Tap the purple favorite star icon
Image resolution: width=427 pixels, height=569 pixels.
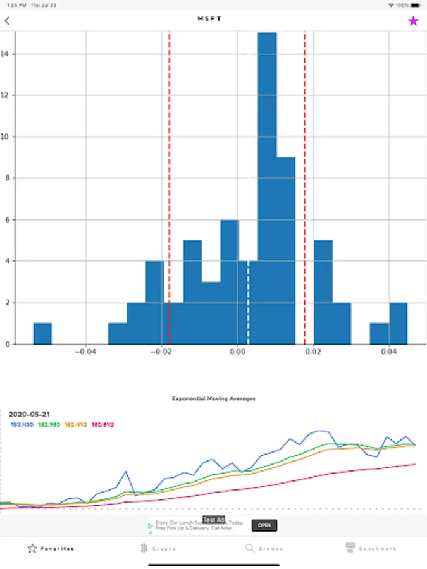(x=413, y=21)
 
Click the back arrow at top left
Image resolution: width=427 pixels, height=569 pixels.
(x=7, y=21)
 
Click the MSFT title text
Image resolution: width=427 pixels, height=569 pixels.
(x=210, y=19)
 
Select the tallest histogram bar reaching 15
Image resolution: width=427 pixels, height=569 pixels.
(x=267, y=190)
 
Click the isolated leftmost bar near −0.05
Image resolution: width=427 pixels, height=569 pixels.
(x=42, y=333)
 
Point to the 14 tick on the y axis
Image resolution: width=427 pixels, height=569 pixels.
(x=6, y=54)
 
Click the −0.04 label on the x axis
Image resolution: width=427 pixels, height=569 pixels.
(x=86, y=352)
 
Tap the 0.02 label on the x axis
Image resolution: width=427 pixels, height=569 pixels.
(x=314, y=352)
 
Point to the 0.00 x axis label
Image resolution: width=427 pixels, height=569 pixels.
(x=238, y=352)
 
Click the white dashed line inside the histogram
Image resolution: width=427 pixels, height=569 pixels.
(x=248, y=303)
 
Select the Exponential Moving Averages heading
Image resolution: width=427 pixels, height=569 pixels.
(x=214, y=399)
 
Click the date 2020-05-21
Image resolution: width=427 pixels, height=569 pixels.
(x=30, y=414)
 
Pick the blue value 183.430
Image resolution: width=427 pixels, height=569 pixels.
(x=22, y=424)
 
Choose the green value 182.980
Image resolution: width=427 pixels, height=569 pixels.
(x=49, y=424)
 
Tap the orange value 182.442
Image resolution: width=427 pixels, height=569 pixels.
(x=76, y=424)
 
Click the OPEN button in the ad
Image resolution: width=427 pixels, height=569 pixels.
(x=264, y=525)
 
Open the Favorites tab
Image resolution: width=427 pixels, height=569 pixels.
(x=51, y=548)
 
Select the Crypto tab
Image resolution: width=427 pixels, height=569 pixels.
(x=159, y=548)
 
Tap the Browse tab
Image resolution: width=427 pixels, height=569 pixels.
(x=264, y=548)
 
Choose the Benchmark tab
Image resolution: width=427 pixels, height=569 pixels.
(x=371, y=548)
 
